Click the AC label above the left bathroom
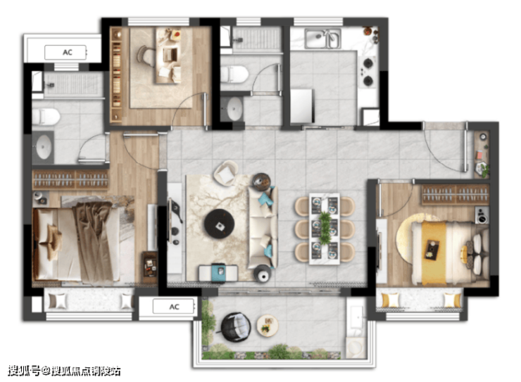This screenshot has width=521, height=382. [x=68, y=53]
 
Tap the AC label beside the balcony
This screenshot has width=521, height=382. [x=175, y=307]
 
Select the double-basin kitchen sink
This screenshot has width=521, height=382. [x=323, y=39]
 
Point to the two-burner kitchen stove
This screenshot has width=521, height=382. [x=368, y=72]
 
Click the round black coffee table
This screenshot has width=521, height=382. [x=219, y=223]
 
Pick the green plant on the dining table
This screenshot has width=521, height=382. [x=325, y=228]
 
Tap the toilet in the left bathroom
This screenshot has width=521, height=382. [x=46, y=117]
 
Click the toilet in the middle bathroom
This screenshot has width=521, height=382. [x=234, y=75]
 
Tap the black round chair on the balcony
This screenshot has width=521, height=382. [x=236, y=326]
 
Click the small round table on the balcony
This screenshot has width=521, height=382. [x=268, y=325]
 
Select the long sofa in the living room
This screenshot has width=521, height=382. [x=263, y=227]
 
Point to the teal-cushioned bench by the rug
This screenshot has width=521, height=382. [x=218, y=273]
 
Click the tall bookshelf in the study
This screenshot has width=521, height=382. [x=116, y=75]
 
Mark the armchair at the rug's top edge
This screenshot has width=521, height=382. [x=226, y=172]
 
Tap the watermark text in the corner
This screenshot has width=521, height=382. [x=64, y=371]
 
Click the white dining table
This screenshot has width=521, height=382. [x=325, y=229]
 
